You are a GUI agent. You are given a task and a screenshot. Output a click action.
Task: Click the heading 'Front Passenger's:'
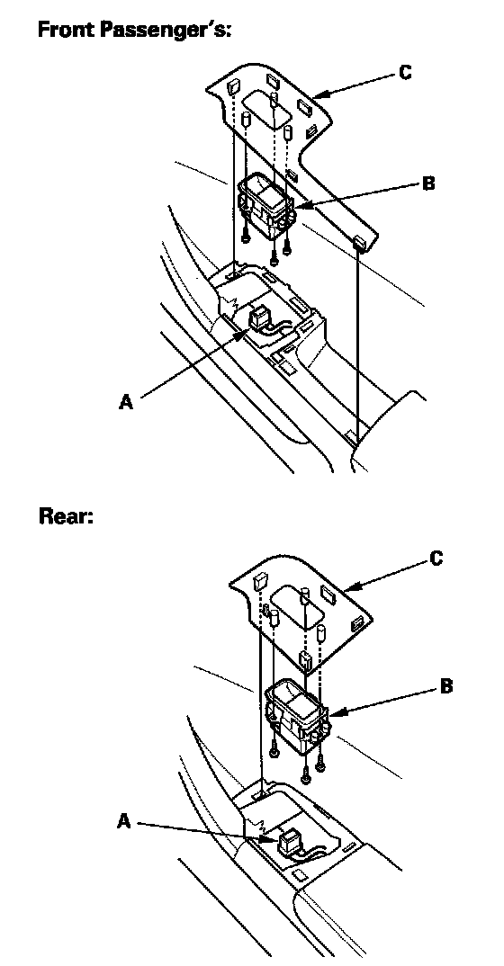(135, 29)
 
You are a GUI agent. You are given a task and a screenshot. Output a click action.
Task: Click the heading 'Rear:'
(66, 515)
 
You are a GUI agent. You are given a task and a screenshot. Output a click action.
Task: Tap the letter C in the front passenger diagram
(405, 73)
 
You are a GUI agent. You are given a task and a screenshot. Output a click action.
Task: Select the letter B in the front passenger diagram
(428, 183)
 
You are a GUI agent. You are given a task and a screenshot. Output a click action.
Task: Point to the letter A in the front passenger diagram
(126, 402)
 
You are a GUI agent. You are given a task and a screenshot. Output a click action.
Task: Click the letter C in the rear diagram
(436, 559)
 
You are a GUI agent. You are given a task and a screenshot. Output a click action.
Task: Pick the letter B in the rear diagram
(446, 685)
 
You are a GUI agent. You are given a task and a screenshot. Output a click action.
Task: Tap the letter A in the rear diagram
(124, 821)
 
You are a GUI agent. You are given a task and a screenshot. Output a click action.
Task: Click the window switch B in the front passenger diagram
(265, 205)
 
